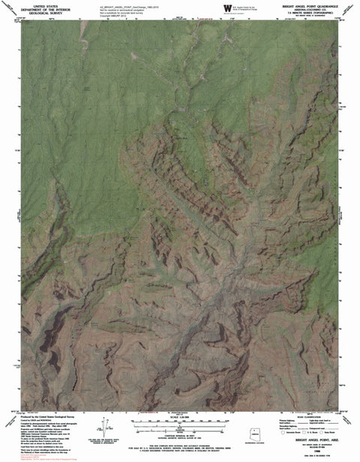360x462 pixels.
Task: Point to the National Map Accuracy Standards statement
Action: (180, 436)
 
